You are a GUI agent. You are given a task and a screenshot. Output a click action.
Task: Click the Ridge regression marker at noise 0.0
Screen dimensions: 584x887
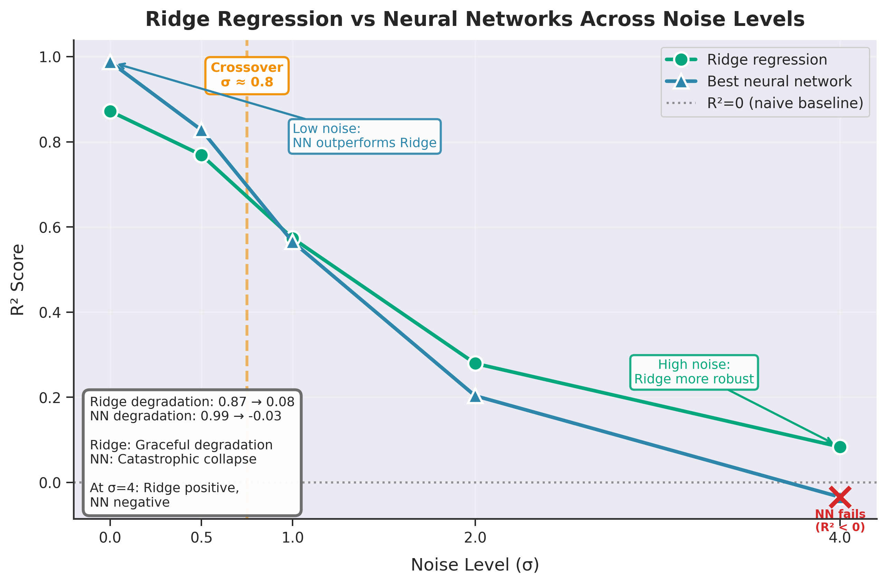[110, 111]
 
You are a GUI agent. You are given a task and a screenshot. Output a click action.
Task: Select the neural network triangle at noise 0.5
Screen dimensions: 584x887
[201, 131]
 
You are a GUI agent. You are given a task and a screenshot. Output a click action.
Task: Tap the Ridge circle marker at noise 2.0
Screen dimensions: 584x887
[475, 363]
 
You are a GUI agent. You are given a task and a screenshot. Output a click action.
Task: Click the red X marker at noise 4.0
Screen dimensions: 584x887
[840, 497]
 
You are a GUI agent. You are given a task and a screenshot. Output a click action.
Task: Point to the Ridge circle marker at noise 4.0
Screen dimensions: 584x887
[840, 447]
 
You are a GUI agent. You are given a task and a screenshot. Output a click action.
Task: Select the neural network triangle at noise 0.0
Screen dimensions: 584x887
[110, 63]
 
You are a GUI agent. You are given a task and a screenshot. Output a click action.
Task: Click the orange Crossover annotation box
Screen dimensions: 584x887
[247, 75]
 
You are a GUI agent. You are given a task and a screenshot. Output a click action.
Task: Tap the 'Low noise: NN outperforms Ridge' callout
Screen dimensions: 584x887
[364, 136]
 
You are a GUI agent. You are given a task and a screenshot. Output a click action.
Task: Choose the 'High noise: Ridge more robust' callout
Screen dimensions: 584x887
[694, 372]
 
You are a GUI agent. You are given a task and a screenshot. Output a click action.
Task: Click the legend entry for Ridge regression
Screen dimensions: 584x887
[766, 60]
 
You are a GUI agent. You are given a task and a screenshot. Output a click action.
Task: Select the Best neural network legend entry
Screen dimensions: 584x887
[779, 81]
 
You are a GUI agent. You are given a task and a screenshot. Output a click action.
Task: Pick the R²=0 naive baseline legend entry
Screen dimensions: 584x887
[784, 103]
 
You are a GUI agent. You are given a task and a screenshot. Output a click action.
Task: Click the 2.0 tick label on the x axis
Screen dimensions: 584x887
[475, 538]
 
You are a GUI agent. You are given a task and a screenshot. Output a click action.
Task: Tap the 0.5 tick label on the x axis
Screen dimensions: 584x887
[201, 538]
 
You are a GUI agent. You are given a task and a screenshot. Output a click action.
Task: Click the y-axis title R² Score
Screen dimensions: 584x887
[18, 279]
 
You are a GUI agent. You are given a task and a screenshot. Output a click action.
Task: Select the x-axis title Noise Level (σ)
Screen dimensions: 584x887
[475, 565]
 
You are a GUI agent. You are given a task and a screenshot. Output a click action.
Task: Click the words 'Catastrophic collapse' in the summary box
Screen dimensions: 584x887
[187, 459]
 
